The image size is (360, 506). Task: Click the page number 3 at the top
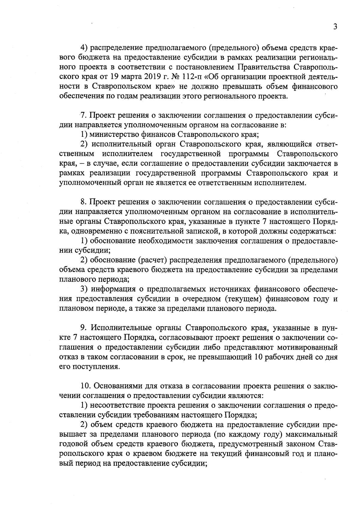click(335, 27)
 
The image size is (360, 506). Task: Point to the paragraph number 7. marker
click(83, 115)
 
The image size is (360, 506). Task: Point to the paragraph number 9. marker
click(84, 328)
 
